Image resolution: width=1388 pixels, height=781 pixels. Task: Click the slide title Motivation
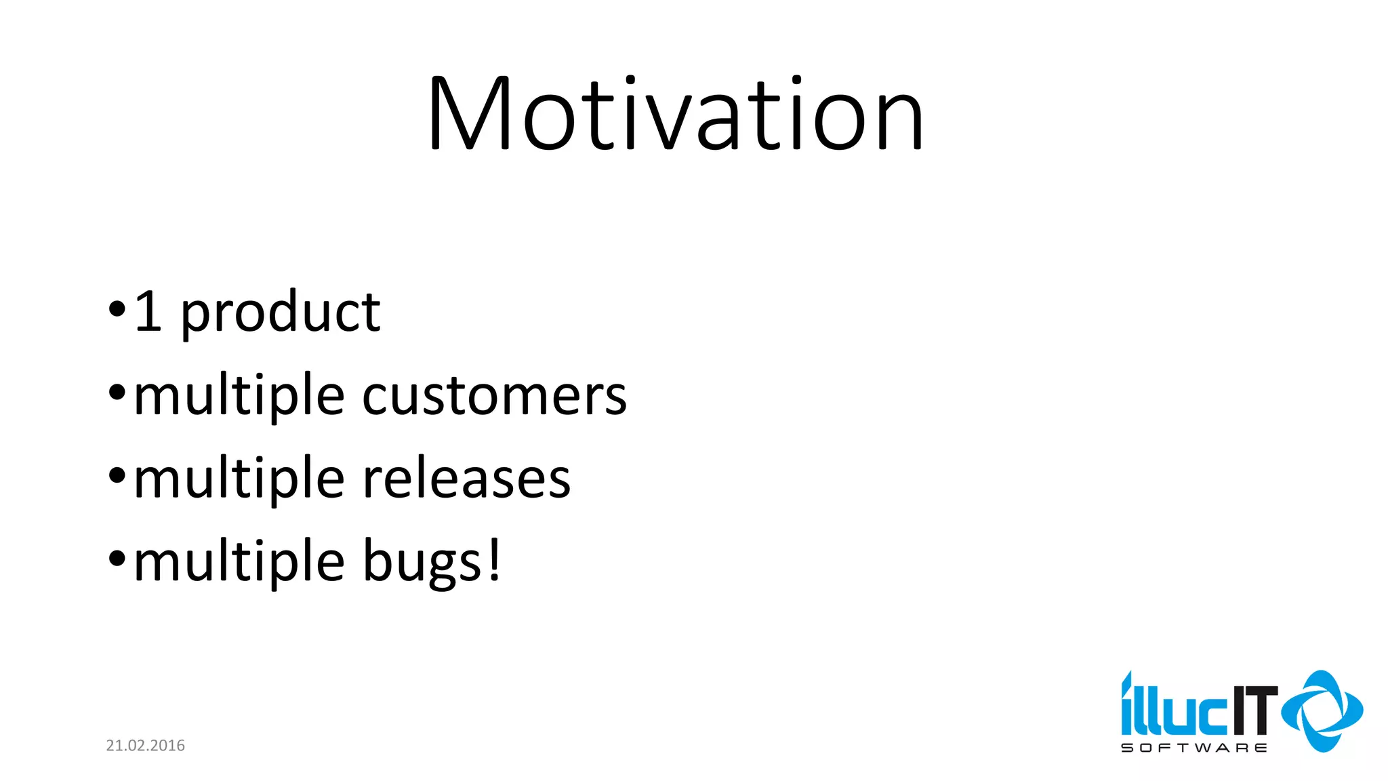click(676, 114)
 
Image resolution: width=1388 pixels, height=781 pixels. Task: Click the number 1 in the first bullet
click(148, 312)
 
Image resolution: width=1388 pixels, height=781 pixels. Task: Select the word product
click(280, 313)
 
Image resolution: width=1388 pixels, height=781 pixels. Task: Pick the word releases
click(466, 479)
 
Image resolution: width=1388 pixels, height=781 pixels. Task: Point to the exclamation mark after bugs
click(495, 559)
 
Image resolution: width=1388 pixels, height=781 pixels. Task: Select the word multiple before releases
click(239, 479)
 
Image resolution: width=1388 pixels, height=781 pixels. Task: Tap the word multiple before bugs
click(239, 562)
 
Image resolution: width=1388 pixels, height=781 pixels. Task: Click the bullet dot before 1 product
click(117, 309)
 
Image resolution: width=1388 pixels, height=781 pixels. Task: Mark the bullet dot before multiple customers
click(117, 392)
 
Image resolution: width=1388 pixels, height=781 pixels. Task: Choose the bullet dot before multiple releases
click(117, 475)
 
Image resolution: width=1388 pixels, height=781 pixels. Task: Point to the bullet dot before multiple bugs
click(117, 559)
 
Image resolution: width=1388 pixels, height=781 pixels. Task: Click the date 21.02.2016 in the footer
click(145, 746)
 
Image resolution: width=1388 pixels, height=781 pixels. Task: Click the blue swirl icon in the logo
click(1322, 711)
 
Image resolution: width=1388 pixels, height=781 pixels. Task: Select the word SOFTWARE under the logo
click(1193, 748)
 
